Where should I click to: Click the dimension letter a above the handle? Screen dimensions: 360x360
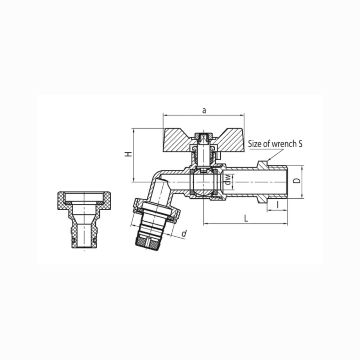(x=204, y=111)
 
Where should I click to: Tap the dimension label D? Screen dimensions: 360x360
(x=297, y=180)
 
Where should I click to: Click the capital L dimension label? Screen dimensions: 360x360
(x=246, y=218)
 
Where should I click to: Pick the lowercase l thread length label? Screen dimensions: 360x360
(x=278, y=204)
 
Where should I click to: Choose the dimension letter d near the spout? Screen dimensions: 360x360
(x=184, y=234)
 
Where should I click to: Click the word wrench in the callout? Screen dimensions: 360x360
(x=284, y=144)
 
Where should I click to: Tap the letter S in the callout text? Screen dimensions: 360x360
(x=300, y=144)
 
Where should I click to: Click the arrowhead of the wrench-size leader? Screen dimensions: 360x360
(x=268, y=160)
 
